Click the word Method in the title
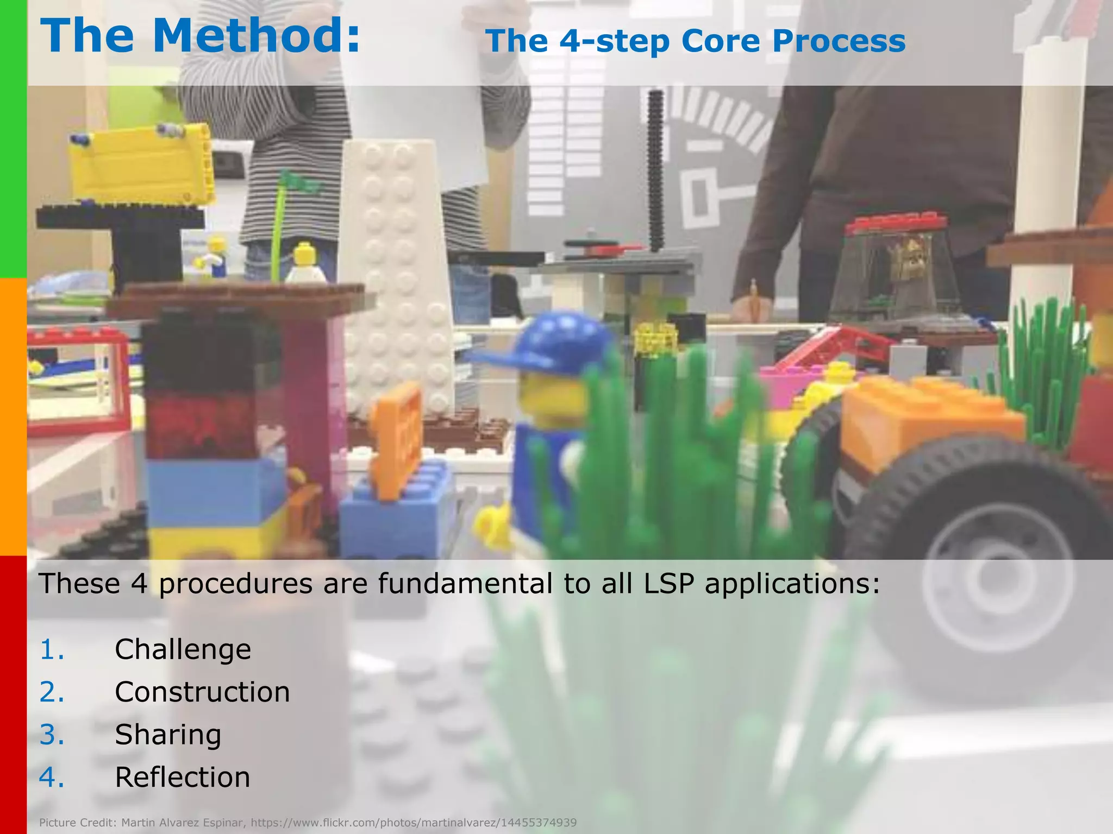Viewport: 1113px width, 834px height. point(255,36)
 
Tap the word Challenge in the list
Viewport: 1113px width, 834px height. point(183,649)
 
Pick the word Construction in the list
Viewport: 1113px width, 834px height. point(202,692)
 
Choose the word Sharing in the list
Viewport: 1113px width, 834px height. point(168,735)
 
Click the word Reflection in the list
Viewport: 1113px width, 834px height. point(183,777)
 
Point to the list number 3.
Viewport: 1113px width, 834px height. point(52,735)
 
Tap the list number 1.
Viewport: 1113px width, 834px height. point(52,649)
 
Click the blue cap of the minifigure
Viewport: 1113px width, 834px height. point(549,342)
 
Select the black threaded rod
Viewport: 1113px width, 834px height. point(656,168)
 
